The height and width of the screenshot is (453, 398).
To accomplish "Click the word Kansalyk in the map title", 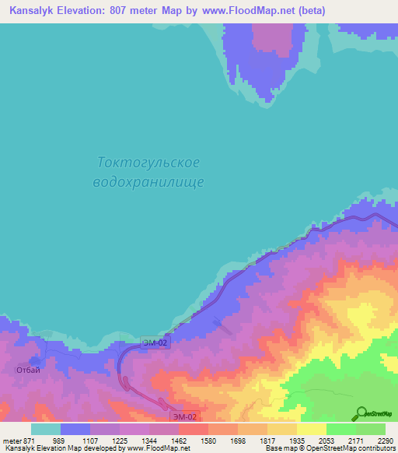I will [33, 11].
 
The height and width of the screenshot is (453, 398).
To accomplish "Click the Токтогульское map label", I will [149, 163].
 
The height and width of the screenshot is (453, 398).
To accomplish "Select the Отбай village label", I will [28, 370].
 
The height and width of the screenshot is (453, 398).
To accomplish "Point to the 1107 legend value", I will [92, 440].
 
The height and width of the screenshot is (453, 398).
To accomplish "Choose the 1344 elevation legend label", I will [149, 440].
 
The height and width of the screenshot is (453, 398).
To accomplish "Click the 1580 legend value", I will [208, 440].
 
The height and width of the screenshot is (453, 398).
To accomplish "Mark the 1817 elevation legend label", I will [267, 440].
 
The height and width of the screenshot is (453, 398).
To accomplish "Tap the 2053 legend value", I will [325, 440].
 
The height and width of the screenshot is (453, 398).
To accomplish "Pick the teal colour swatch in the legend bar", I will [46, 429].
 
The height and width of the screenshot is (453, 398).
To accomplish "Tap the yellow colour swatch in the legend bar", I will [312, 429].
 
